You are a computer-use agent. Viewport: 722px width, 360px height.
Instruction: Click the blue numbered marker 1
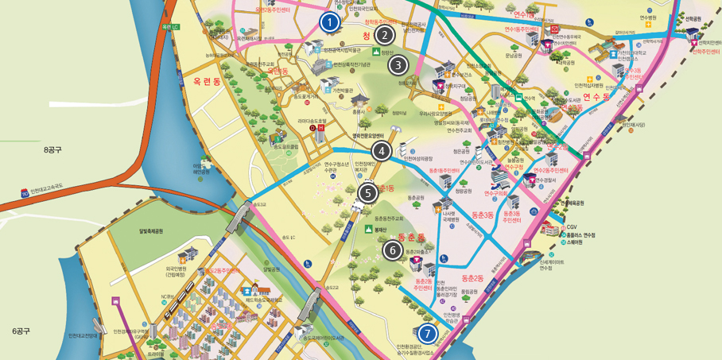pyautogui.click(x=329, y=22)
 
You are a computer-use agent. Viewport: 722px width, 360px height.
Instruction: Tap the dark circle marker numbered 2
pyautogui.click(x=385, y=35)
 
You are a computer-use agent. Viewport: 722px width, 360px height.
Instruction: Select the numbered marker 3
pyautogui.click(x=398, y=65)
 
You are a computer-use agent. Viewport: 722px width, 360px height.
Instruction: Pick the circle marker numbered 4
pyautogui.click(x=381, y=151)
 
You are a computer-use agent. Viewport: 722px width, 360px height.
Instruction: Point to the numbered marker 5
pyautogui.click(x=367, y=192)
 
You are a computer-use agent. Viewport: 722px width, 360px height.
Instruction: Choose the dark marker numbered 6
pyautogui.click(x=392, y=250)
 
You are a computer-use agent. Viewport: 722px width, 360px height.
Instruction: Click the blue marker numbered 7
pyautogui.click(x=428, y=334)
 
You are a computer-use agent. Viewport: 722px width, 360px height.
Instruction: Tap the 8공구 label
pyautogui.click(x=52, y=149)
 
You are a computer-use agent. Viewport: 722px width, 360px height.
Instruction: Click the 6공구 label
pyautogui.click(x=21, y=331)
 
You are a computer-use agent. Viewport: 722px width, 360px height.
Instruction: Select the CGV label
pyautogui.click(x=572, y=226)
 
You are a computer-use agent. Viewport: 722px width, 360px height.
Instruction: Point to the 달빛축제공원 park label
pyautogui.click(x=150, y=231)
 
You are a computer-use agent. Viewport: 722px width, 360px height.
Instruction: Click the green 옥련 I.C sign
pyautogui.click(x=170, y=27)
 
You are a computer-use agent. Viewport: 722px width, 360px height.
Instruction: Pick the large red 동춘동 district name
pyautogui.click(x=412, y=237)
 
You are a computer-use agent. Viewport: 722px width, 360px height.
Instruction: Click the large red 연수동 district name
pyautogui.click(x=596, y=97)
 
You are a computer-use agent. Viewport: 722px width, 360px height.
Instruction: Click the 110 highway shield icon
pyautogui.click(x=25, y=192)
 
